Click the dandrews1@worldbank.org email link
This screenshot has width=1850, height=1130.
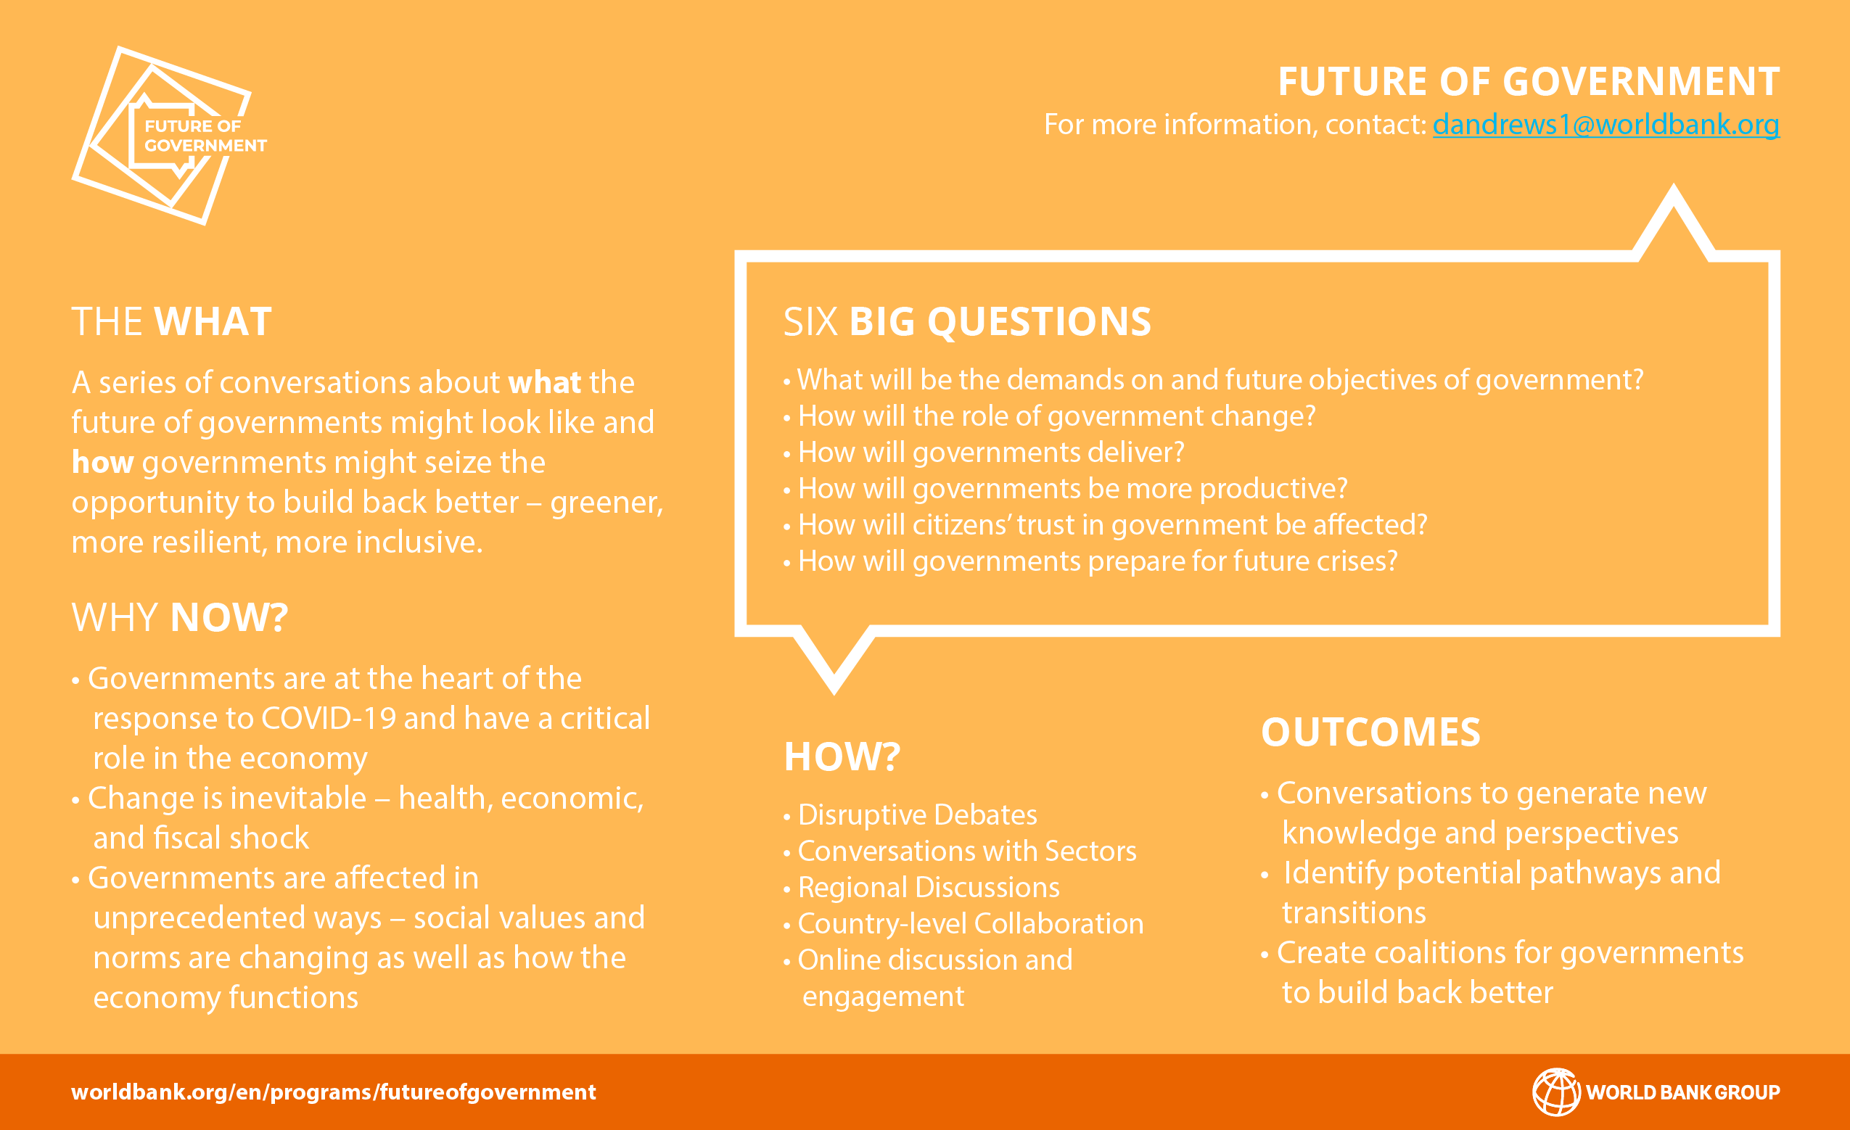click(x=1606, y=125)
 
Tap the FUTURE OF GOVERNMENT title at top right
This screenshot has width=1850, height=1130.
click(x=1528, y=82)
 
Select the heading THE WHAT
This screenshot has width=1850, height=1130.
click(x=171, y=322)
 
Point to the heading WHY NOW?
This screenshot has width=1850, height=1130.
click(x=179, y=618)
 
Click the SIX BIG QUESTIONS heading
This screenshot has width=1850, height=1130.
click(x=966, y=322)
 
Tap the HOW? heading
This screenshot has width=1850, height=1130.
click(x=842, y=756)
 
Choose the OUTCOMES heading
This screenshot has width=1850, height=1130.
click(x=1370, y=733)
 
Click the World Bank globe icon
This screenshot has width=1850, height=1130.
click(x=1555, y=1092)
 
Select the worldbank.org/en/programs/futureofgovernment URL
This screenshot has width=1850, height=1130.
click(x=333, y=1092)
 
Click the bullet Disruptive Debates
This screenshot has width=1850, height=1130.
click(x=917, y=814)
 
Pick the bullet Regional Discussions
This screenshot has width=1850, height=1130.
click(x=928, y=888)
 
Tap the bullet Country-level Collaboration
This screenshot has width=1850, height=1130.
click(x=970, y=923)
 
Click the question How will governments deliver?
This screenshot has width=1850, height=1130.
click(x=990, y=453)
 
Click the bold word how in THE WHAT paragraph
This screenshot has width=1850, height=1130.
click(x=102, y=463)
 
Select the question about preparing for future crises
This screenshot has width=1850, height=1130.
click(x=1097, y=561)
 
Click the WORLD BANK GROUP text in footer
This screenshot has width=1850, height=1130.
click(x=1682, y=1092)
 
